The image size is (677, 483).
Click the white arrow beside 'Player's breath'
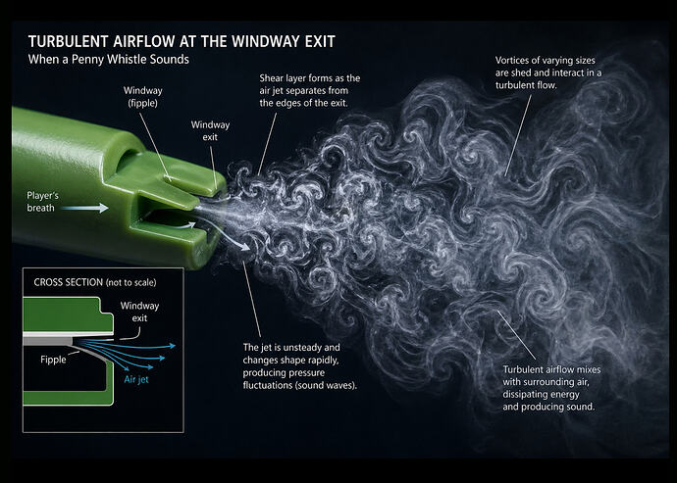click(90, 209)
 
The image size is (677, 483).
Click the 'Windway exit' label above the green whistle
click(211, 131)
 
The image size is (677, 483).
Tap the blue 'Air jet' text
click(135, 379)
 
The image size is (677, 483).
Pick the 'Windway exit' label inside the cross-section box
click(139, 313)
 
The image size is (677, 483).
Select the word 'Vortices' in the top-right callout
click(516, 61)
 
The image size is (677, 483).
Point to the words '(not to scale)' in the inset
click(130, 282)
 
